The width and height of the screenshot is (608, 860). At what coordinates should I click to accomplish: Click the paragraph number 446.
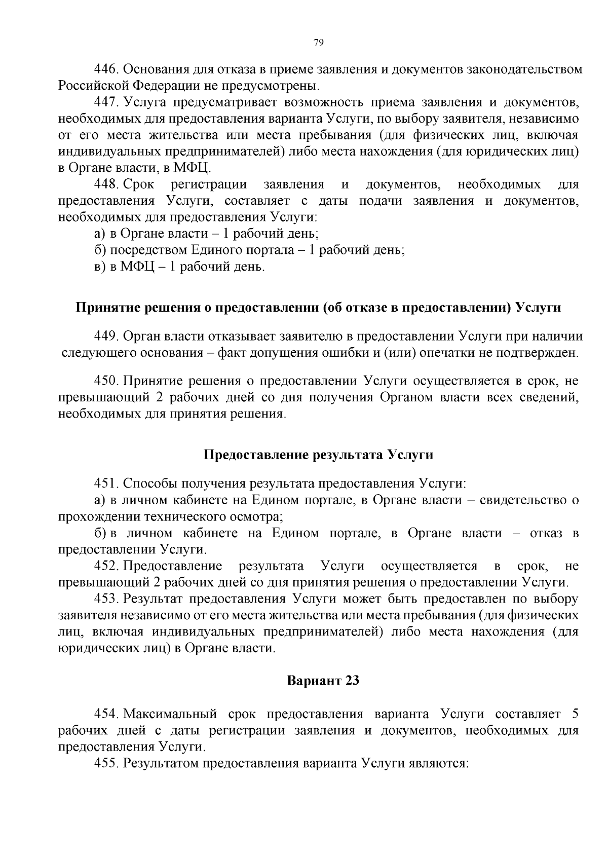[x=107, y=69]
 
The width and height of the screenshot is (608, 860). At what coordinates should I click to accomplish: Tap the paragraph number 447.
[x=107, y=102]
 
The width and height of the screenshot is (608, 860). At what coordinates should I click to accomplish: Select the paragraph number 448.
[x=107, y=184]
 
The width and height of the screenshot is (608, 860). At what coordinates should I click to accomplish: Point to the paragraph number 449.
[x=107, y=336]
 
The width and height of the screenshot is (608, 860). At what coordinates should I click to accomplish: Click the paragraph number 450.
[x=107, y=381]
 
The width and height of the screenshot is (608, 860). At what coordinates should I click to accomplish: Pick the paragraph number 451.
[x=107, y=483]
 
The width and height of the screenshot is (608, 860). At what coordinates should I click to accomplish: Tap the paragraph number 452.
[x=107, y=566]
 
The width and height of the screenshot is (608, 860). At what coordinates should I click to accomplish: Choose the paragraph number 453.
[x=107, y=599]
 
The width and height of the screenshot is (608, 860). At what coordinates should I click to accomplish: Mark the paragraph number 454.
[x=107, y=714]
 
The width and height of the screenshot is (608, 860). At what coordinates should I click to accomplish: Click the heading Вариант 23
[x=323, y=680]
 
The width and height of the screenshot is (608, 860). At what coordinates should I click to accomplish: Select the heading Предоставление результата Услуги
[x=318, y=454]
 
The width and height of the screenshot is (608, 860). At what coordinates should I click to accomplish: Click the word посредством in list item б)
[x=148, y=250]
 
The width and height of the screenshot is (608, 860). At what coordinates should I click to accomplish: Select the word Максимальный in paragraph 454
[x=170, y=714]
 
